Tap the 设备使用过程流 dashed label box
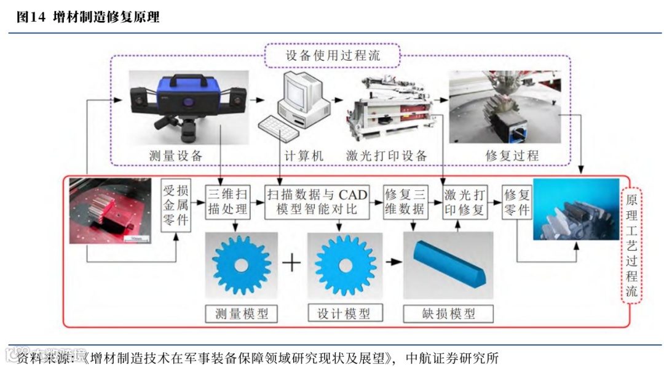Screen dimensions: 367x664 pos(333,55)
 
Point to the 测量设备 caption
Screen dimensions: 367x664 pos(176,156)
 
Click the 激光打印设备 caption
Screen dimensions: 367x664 pos(386,156)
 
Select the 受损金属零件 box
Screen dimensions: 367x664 pos(175,204)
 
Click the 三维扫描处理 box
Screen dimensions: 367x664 pos(228,202)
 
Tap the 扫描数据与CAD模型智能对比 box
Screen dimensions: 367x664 pos(317,202)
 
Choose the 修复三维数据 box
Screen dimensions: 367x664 pos(405,202)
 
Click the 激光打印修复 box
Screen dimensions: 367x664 pos(464,202)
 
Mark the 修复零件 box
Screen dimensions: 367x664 pos(516,202)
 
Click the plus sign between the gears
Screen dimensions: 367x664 pos(292,263)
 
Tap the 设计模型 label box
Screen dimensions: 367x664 pos(344,313)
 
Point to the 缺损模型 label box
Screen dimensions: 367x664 pos(448,313)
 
